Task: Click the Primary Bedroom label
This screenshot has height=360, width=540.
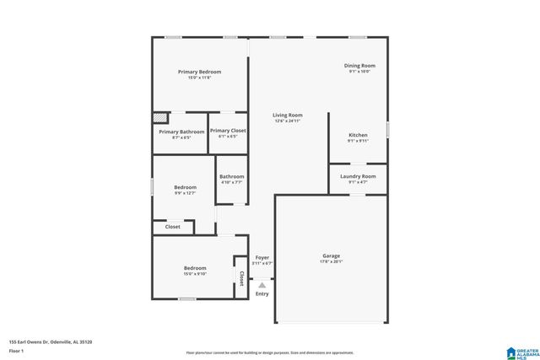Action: tap(199, 72)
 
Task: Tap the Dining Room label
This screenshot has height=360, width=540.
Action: tap(359, 65)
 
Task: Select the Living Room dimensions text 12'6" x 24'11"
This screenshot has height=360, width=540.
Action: tap(287, 121)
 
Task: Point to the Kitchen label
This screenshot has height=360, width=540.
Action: tap(358, 135)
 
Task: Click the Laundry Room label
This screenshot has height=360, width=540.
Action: tap(358, 176)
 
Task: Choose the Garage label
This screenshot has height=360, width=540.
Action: tap(331, 255)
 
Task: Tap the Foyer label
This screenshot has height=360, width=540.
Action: tap(262, 257)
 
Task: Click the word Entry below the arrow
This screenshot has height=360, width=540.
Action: tap(262, 293)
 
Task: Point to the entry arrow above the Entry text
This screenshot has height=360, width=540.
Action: tap(262, 284)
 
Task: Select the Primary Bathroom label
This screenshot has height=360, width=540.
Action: tap(181, 132)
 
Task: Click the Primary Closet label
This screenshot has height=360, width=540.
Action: tap(228, 131)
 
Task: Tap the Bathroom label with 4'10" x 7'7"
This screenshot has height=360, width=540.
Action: tap(232, 176)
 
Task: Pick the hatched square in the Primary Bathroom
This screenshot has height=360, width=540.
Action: tap(158, 118)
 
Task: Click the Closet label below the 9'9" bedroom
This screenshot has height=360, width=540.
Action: tap(172, 227)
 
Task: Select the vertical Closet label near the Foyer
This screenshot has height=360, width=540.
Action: tap(241, 278)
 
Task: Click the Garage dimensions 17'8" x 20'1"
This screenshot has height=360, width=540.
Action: tap(331, 261)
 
